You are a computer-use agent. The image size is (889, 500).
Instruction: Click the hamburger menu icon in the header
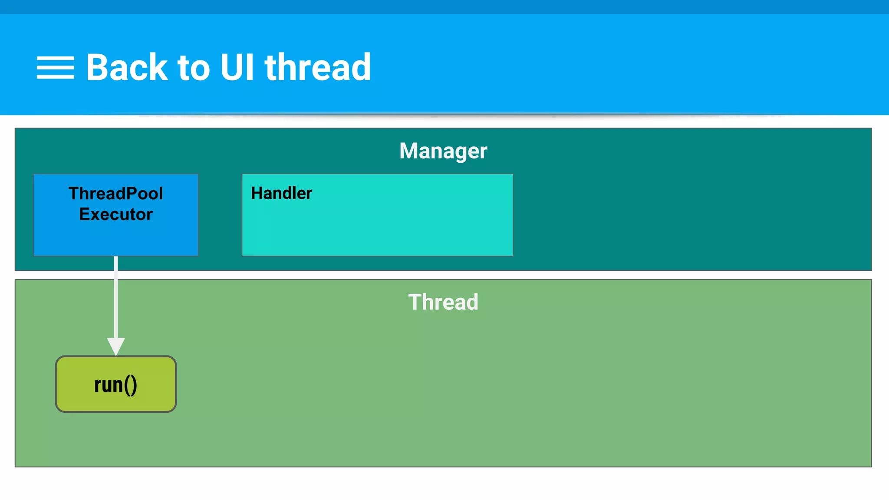55,68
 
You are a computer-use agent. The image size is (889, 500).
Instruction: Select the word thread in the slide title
318,68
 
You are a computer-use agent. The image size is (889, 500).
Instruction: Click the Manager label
443,151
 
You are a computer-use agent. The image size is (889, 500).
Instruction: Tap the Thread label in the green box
443,302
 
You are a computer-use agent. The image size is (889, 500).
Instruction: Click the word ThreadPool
116,194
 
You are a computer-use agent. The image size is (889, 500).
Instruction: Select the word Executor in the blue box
116,214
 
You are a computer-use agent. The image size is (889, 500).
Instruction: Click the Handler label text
281,193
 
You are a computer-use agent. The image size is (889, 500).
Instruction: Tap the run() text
115,385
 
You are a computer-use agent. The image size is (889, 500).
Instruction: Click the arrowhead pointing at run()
116,346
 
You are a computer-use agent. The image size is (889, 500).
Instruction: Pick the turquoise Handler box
378,226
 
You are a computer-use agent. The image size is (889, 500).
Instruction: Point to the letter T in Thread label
415,302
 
